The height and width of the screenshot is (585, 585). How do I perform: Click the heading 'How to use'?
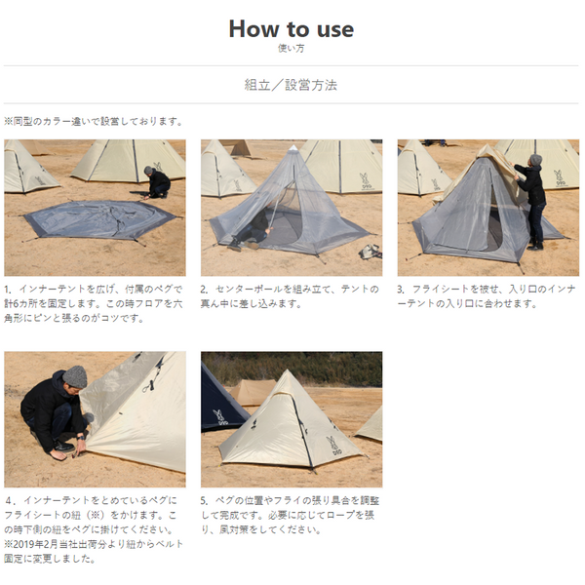[x=291, y=28]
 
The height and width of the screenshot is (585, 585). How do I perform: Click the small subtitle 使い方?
[x=291, y=48]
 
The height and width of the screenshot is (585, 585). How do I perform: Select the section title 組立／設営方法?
[x=291, y=85]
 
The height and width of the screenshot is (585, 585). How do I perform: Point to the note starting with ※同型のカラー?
[x=93, y=122]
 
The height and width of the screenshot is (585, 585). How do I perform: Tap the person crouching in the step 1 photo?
[x=157, y=182]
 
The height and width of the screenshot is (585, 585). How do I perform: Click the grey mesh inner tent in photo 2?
[x=283, y=205]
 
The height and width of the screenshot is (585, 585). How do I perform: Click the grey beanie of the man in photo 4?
[x=74, y=375]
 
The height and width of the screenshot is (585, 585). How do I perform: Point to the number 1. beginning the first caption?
[x=9, y=290]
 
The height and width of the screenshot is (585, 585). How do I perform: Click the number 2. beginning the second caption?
[x=205, y=290]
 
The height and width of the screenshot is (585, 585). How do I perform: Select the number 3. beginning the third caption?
[x=402, y=290]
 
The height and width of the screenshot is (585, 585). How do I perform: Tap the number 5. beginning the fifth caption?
[x=205, y=500]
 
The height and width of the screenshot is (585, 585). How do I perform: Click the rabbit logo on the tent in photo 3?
[x=559, y=178]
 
